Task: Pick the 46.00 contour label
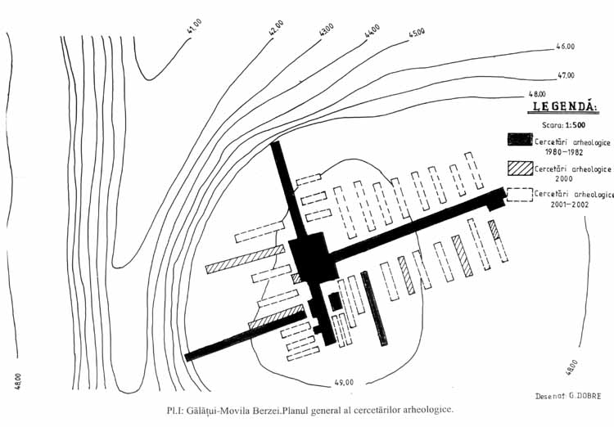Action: click(x=565, y=47)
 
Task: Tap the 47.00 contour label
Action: click(x=565, y=75)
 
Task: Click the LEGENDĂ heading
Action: click(x=565, y=106)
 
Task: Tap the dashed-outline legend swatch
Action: click(x=518, y=195)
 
